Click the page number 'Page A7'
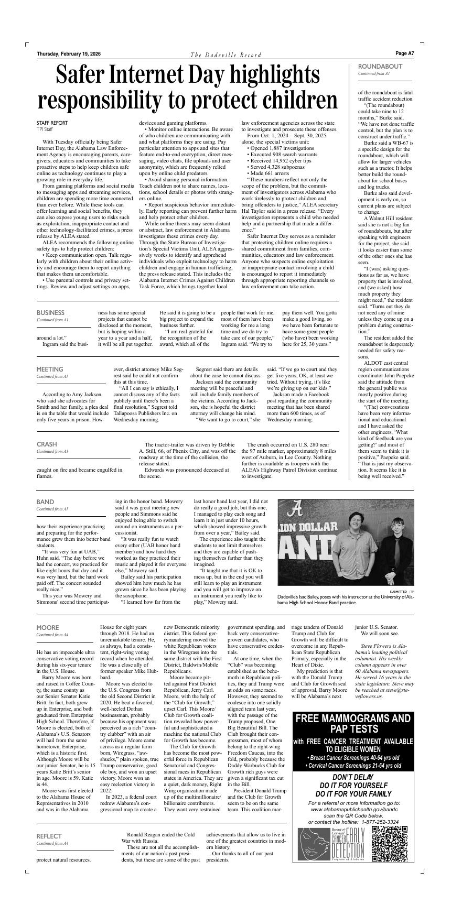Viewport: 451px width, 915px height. point(404,53)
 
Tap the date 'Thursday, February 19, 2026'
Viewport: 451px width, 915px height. point(69,54)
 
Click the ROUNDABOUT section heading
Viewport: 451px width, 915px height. point(380,67)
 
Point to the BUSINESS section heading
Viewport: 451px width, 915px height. point(50,313)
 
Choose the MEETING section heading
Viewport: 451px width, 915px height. point(50,369)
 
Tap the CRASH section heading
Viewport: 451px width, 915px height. point(47,444)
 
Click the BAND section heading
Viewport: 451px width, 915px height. point(45,502)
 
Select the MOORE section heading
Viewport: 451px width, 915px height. point(48,627)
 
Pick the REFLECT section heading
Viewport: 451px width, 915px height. point(49,836)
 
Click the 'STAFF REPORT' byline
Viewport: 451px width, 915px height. point(52,123)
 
